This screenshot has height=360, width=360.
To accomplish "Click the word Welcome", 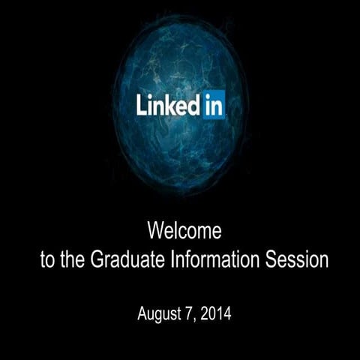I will click(184, 230).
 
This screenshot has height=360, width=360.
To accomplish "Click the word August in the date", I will click(159, 312).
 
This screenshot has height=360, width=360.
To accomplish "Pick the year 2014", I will click(215, 312).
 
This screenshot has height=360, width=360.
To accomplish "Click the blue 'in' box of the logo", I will click(212, 106).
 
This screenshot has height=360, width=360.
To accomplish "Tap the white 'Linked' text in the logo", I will click(167, 106).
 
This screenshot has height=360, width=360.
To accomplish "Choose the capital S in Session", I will click(273, 261).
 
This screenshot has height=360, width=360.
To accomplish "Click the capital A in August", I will click(142, 312).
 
